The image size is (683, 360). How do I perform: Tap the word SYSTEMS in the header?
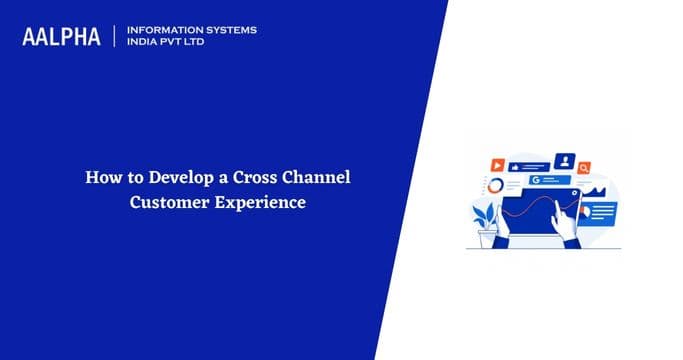(x=227, y=30)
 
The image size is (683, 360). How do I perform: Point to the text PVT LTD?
(x=186, y=43)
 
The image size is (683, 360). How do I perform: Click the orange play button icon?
(x=497, y=163)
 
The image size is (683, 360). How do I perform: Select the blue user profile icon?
(x=565, y=160)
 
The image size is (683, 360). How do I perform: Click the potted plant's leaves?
(x=486, y=216)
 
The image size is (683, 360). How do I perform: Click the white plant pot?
(x=489, y=239)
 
